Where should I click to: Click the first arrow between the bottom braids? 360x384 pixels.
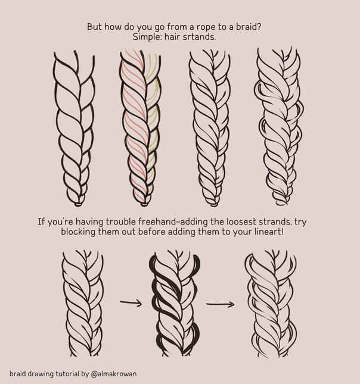pyautogui.click(x=131, y=303)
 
